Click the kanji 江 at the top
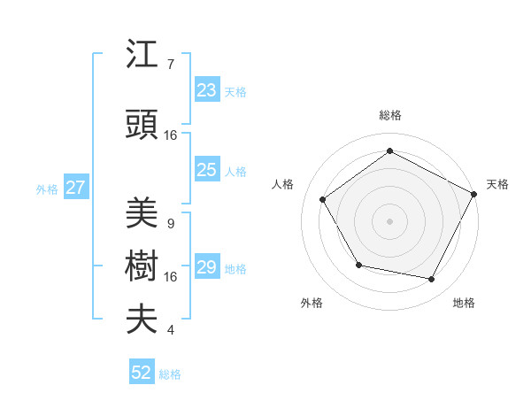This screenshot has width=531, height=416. pos(142,56)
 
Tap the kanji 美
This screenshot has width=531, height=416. pos(142,213)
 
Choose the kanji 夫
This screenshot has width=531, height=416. pos(142,318)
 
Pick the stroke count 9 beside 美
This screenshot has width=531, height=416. pos(170,223)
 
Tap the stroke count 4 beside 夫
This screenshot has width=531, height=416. pos(170,330)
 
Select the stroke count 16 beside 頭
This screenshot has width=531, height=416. pos(171,135)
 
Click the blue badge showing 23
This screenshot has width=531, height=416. pos(207,90)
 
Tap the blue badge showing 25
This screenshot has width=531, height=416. pos(207,171)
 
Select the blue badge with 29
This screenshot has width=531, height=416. pos(207,268)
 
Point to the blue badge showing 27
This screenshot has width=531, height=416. pos(75,188)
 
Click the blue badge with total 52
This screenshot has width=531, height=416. pos(142,373)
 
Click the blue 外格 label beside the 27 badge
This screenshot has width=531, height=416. pos(46,189)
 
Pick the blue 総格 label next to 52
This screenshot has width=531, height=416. pos(170,374)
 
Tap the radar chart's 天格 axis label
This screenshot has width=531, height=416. pos(497,184)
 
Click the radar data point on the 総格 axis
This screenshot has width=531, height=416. pos(389,151)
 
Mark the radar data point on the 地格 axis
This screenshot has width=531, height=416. pos(432,280)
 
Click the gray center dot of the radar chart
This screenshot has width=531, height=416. pos(389,220)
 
